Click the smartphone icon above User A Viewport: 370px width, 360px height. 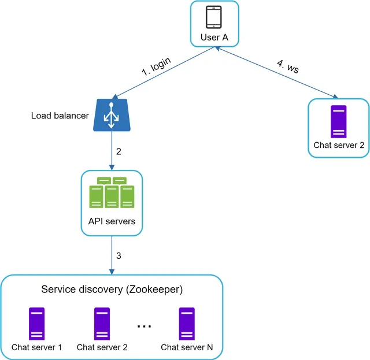[214, 17]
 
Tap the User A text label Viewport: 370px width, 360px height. [214, 38]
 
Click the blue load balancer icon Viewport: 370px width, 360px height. [110, 115]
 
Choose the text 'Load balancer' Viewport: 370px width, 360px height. [60, 116]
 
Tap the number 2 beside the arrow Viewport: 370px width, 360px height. [119, 152]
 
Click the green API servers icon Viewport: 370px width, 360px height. [112, 193]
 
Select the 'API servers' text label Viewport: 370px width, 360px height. [112, 221]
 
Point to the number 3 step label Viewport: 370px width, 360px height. [119, 255]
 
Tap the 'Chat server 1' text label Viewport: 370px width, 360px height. [36, 347]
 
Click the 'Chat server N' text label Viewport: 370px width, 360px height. [187, 347]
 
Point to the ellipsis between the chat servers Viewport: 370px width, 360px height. [144, 326]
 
